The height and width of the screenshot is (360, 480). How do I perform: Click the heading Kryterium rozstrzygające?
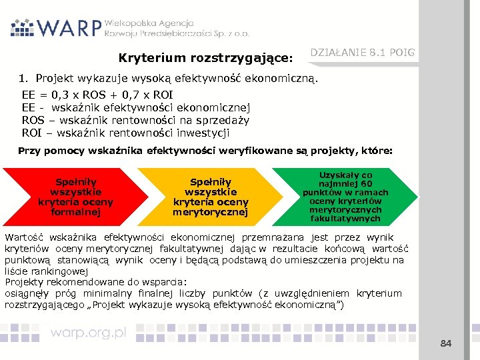pyautogui.click(x=206, y=59)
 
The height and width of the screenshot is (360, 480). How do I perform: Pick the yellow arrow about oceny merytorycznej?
pyautogui.click(x=209, y=197)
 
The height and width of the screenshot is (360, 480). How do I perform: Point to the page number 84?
pyautogui.click(x=446, y=343)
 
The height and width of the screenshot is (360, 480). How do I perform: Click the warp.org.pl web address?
pyautogui.click(x=89, y=333)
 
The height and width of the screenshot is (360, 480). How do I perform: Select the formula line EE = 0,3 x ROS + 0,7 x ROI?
pyautogui.click(x=97, y=96)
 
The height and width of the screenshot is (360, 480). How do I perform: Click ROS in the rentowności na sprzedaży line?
pyautogui.click(x=33, y=120)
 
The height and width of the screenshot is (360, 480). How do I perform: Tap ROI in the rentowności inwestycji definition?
pyautogui.click(x=31, y=132)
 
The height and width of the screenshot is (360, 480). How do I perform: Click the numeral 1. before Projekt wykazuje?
pyautogui.click(x=25, y=79)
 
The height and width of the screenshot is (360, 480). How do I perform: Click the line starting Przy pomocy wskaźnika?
pyautogui.click(x=205, y=151)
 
